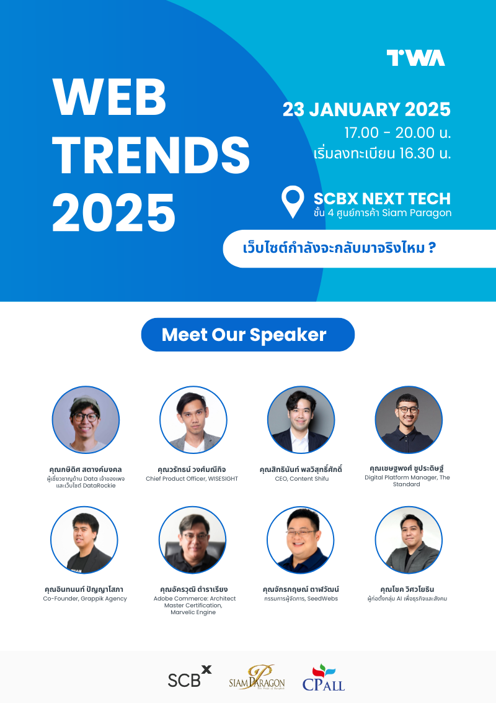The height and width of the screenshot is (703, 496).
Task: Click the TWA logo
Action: [415, 58]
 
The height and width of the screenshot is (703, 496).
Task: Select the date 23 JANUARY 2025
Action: [366, 109]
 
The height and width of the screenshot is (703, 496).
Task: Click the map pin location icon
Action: [293, 202]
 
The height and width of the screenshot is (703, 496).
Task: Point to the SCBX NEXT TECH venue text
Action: [382, 199]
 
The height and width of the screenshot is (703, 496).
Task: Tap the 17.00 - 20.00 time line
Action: [397, 132]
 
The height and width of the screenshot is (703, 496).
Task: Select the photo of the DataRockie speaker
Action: [85, 420]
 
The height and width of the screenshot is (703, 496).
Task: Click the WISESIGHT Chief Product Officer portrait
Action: [193, 420]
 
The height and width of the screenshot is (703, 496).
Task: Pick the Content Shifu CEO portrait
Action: [301, 420]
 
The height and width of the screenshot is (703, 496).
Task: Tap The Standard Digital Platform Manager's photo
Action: [409, 420]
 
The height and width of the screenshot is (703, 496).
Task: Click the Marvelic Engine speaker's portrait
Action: [193, 540]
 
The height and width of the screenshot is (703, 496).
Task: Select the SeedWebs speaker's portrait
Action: [301, 540]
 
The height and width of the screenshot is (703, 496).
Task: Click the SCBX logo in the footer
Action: [189, 677]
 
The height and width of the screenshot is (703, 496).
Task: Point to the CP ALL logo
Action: [323, 678]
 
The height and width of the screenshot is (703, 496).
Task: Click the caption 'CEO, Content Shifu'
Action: [301, 479]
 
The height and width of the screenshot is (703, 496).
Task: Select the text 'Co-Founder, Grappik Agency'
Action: [85, 599]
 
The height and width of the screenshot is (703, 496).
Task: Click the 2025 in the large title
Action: [114, 212]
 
